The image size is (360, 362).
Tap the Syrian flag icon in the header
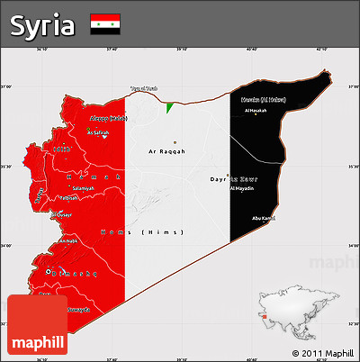(106, 25)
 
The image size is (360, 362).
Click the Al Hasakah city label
(256, 111)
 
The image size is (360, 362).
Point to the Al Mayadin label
(242, 188)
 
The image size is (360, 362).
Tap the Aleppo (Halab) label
(104, 118)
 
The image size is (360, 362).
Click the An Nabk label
(67, 241)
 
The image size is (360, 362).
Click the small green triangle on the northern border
(169, 108)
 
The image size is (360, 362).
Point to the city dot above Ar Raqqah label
(175, 142)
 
